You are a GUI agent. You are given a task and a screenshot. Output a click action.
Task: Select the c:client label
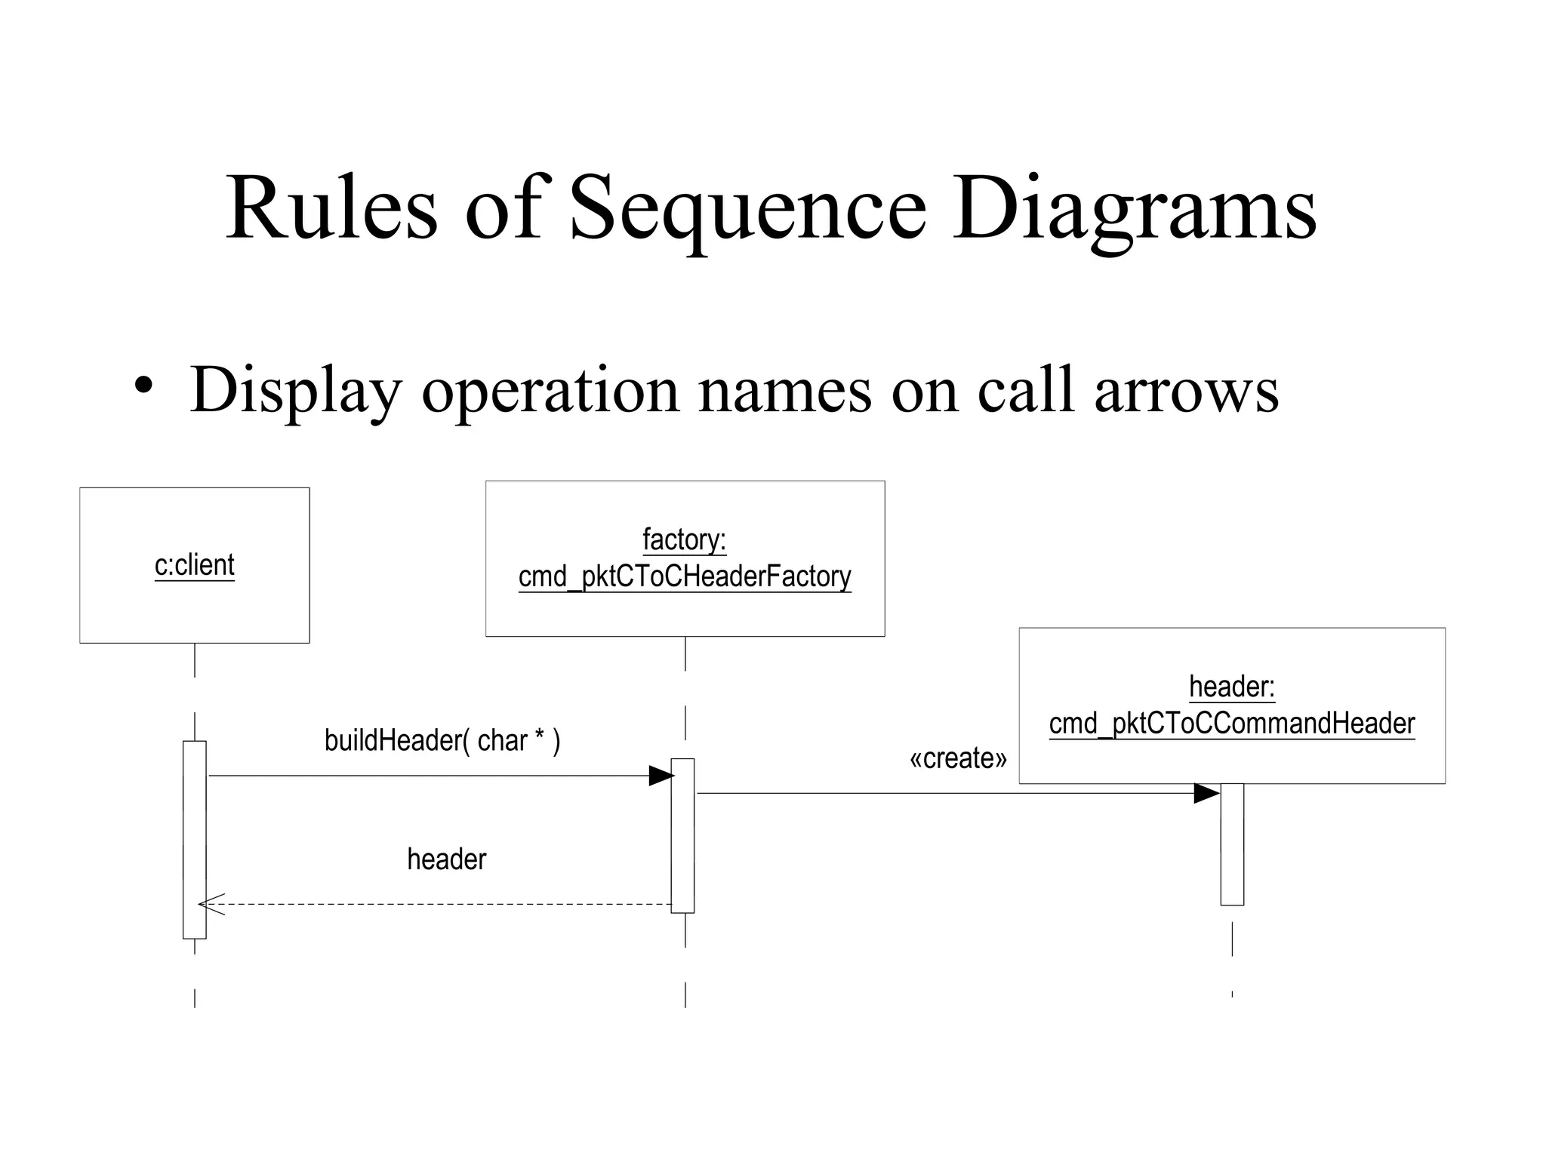194,565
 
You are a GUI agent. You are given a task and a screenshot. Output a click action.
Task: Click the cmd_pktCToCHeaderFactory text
684,577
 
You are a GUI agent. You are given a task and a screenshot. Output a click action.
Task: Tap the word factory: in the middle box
684,540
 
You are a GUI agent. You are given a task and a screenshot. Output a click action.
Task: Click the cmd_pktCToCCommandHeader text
1231,724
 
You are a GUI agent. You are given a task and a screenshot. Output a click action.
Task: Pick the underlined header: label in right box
1231,687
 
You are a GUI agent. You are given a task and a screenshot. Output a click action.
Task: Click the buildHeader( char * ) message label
442,741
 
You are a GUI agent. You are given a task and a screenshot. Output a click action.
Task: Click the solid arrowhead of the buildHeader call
661,776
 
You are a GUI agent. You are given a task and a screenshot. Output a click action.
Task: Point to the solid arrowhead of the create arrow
1206,794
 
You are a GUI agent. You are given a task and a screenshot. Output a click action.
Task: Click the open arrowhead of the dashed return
211,904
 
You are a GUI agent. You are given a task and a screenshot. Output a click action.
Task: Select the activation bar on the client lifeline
194,839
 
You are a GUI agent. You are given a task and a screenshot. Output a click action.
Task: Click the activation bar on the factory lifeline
682,835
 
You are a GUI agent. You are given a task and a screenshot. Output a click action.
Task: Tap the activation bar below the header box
1232,844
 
